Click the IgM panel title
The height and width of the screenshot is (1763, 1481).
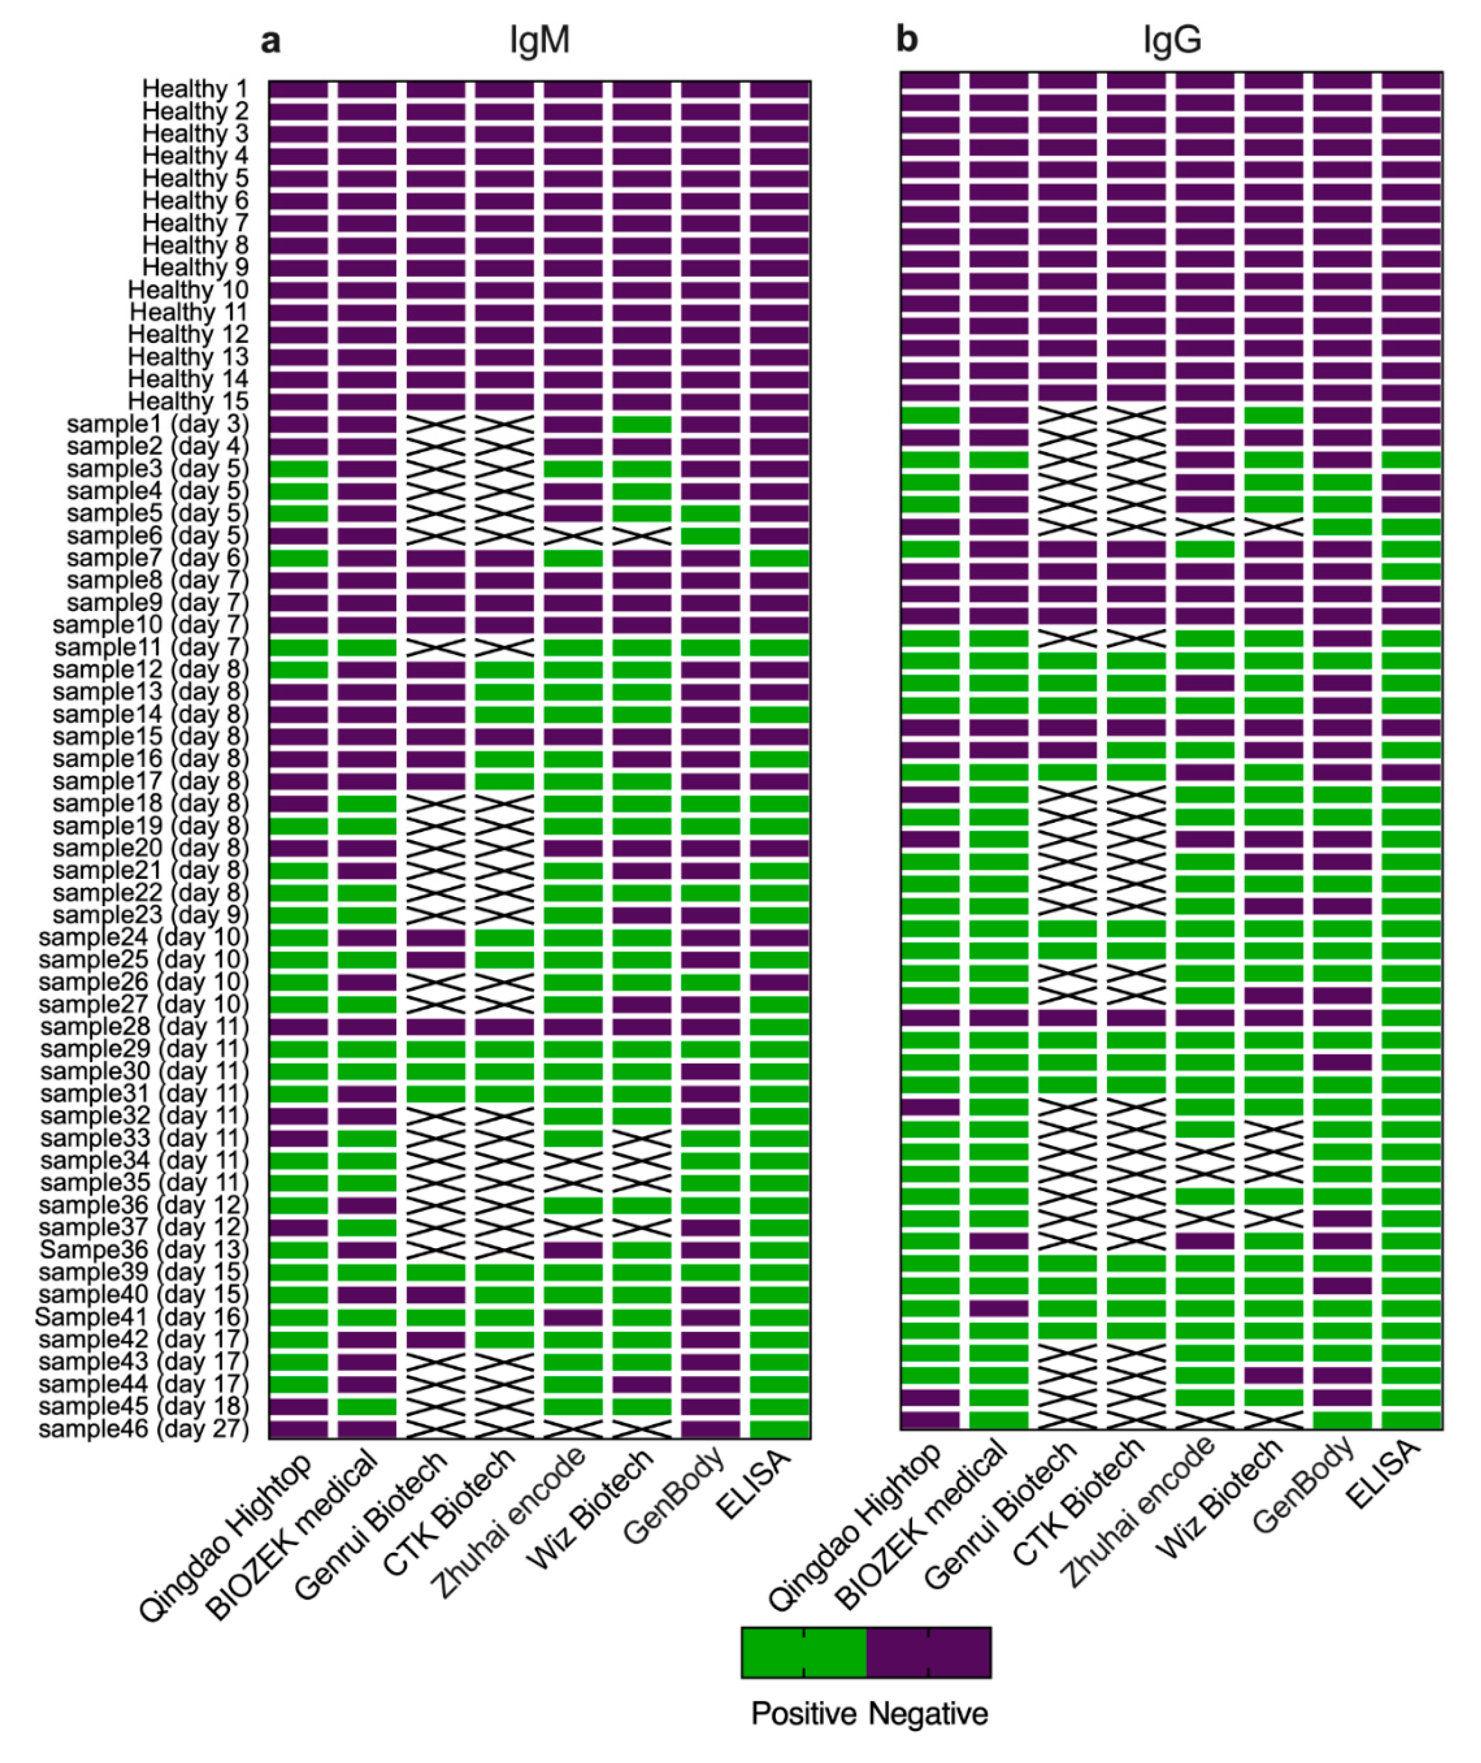click(539, 40)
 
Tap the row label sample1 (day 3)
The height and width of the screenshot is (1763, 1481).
click(158, 424)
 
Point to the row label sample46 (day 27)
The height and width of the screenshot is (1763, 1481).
click(144, 1429)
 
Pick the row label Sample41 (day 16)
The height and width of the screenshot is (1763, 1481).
click(142, 1317)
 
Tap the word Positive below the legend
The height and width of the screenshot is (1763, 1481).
click(803, 1713)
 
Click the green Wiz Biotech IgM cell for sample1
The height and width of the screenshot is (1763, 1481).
click(641, 424)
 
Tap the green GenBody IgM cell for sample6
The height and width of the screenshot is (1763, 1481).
click(710, 535)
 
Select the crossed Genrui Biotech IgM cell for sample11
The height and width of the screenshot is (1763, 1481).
click(435, 647)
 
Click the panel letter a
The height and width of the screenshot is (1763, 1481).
click(270, 40)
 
